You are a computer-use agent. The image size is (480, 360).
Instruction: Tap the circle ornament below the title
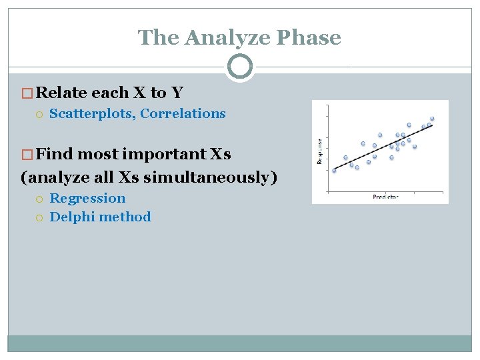point(239,67)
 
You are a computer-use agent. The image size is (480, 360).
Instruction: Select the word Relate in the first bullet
point(63,92)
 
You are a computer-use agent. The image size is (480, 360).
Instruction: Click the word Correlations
point(183,113)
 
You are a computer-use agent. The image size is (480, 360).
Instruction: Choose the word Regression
point(87,198)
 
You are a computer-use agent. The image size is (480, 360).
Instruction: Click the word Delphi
point(71,217)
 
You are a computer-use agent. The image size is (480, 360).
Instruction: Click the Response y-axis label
point(319,152)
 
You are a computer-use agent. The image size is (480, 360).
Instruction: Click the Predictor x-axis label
point(385,197)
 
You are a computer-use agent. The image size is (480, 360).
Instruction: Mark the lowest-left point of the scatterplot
point(335,170)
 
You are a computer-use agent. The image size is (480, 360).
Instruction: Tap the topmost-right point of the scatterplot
point(432,119)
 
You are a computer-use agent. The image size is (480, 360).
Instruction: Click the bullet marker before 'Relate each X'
point(27,93)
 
